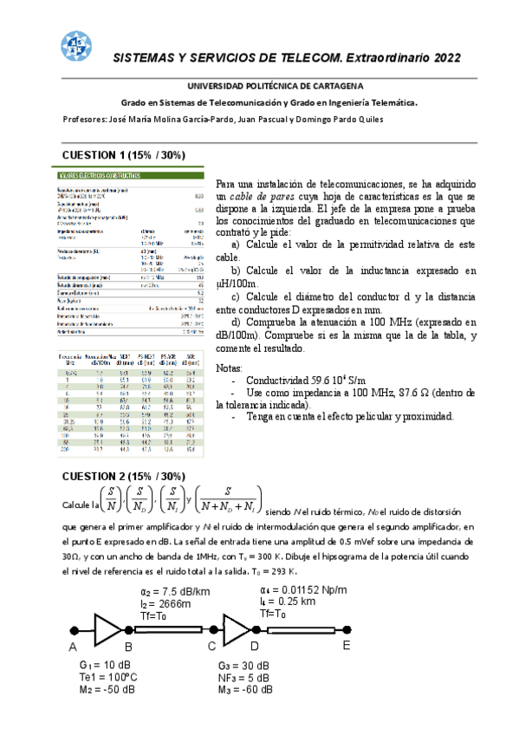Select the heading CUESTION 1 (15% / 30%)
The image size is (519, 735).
coord(123,155)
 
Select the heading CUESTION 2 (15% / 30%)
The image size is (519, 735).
coord(123,477)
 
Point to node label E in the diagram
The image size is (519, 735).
coord(347,646)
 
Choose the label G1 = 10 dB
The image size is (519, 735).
coord(101,665)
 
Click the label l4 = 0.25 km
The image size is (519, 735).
coord(290,601)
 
